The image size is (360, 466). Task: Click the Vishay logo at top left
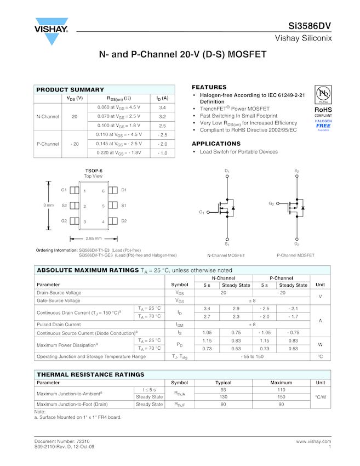tap(52, 33)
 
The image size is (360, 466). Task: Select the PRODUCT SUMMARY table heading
tap(70, 89)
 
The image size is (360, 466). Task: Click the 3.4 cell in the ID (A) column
tap(162, 107)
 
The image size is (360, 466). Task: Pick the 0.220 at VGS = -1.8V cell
tap(119, 153)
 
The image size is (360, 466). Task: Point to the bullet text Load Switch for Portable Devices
tap(238, 152)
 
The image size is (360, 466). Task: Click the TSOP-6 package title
tap(93, 171)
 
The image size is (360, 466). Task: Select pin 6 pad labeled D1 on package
tap(113, 190)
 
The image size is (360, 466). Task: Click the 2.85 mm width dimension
tap(94, 238)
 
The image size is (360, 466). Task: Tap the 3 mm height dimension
tap(48, 205)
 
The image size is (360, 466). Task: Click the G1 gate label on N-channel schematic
tap(202, 212)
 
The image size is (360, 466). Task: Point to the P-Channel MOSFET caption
tap(295, 255)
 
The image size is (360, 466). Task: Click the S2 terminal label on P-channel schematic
tap(296, 171)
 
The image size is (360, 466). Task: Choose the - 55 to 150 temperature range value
tap(252, 356)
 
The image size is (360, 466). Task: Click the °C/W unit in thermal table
tap(320, 397)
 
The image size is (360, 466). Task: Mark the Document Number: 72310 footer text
tap(62, 441)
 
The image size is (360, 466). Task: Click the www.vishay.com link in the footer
tap(313, 441)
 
